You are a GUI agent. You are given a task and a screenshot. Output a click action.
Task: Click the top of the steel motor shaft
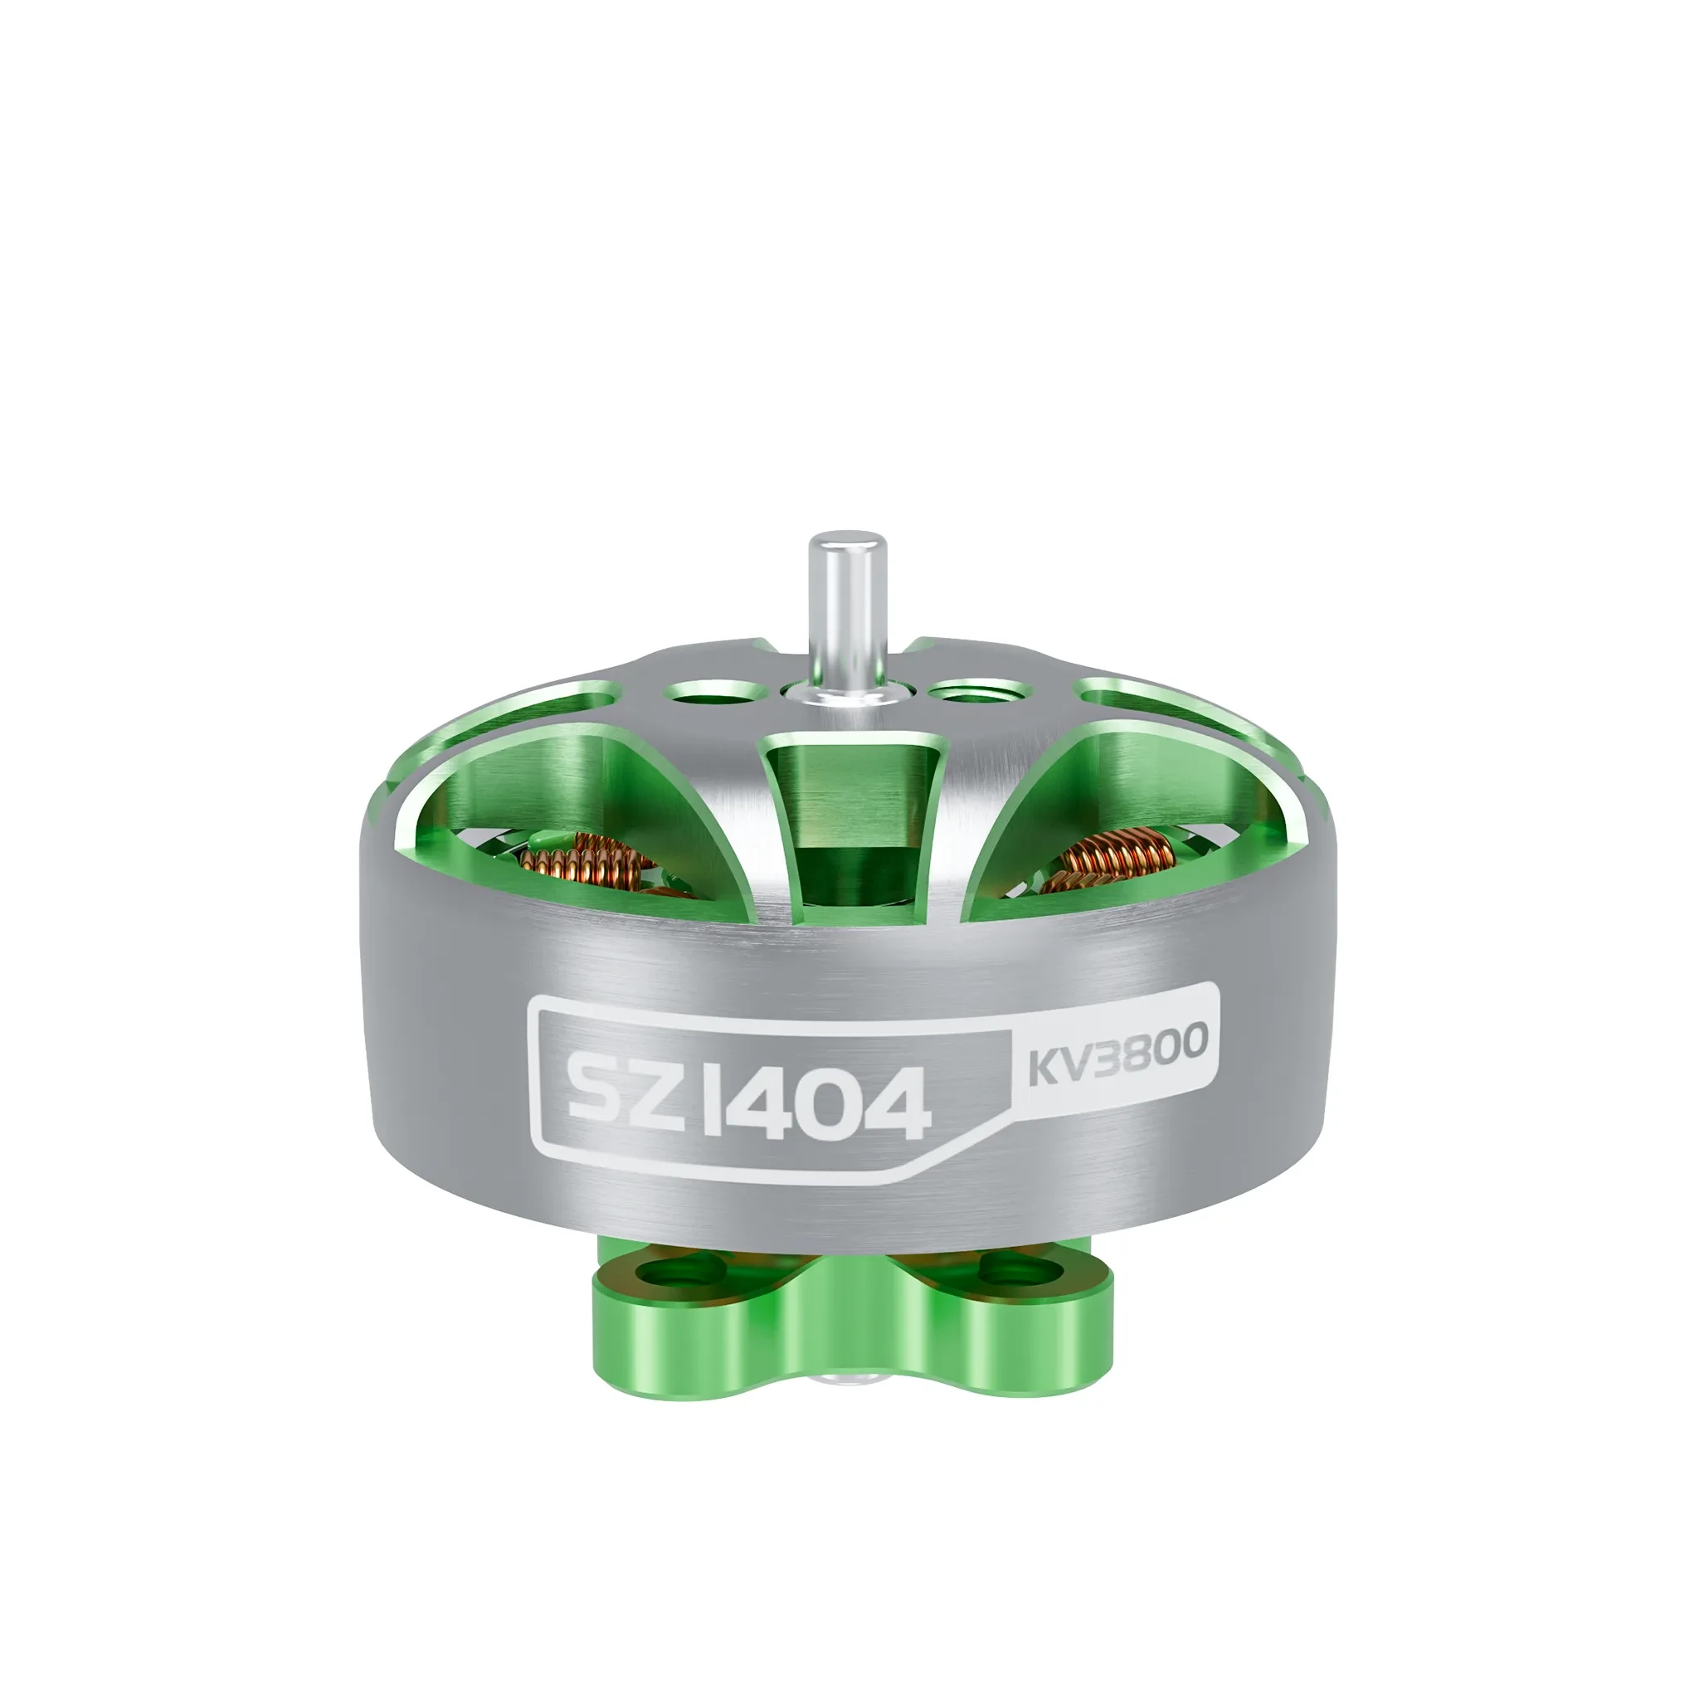[x=847, y=538]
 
